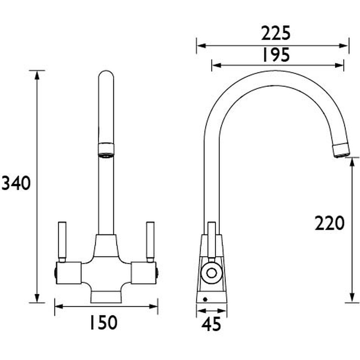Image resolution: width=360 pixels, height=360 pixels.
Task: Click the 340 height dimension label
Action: tap(16, 183)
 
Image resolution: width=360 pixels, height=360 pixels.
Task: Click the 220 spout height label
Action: tap(329, 223)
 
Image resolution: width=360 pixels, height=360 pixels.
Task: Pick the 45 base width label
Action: tap(211, 324)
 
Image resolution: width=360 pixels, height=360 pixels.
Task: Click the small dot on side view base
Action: tap(205, 298)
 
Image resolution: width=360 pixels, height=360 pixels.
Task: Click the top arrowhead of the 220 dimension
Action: tap(352, 161)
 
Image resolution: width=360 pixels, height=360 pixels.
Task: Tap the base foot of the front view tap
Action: tap(106, 297)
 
